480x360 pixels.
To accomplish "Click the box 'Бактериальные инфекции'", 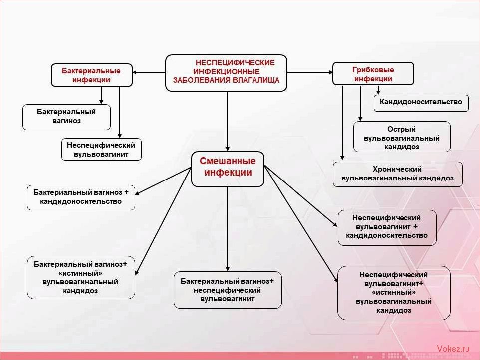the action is (91, 75).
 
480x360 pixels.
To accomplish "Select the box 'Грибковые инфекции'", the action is (373, 74).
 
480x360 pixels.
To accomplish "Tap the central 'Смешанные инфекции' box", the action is (228, 169).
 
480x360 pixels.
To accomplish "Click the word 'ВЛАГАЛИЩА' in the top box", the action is (256, 80).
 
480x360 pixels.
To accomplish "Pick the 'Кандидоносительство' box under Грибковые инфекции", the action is (421, 103).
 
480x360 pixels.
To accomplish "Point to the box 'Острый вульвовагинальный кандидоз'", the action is (402, 137).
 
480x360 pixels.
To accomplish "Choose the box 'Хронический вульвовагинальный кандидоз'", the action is (397, 174).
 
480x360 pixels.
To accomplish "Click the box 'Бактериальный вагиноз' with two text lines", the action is (66, 117).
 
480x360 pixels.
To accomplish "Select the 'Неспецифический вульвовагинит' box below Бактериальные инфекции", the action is (101, 149).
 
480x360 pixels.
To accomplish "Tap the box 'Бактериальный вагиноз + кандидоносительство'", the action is (81, 197).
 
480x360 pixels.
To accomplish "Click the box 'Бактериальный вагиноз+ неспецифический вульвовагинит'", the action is (228, 290).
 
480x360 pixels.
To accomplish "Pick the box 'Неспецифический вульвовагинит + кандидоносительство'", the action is (387, 227).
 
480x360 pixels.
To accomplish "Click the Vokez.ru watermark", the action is (453, 349).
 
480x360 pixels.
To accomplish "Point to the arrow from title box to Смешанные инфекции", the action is (228, 121).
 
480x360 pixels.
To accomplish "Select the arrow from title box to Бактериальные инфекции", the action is (149, 72).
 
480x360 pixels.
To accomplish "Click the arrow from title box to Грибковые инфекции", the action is (310, 72).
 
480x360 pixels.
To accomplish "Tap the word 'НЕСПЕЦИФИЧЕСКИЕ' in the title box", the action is (235, 63).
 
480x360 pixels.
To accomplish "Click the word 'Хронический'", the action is (397, 169).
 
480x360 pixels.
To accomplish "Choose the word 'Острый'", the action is (401, 129).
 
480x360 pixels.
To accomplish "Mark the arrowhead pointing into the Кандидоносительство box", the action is (378, 92).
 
